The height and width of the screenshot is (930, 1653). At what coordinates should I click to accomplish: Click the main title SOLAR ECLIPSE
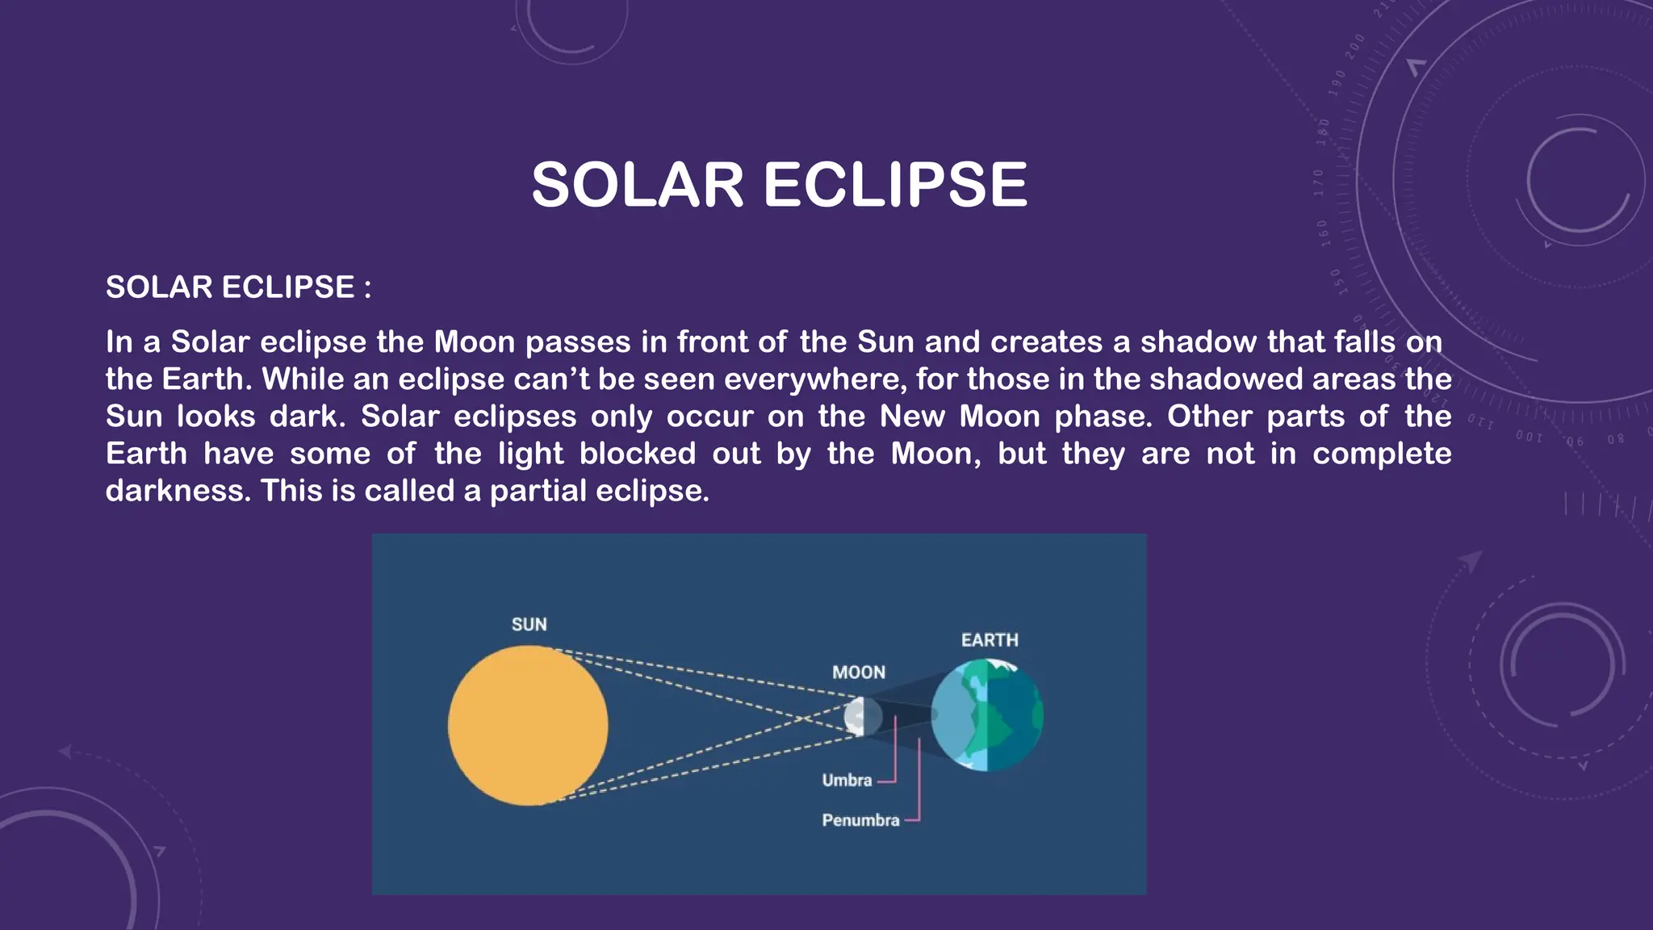tap(779, 185)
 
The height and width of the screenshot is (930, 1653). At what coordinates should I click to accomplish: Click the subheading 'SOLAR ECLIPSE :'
tap(238, 287)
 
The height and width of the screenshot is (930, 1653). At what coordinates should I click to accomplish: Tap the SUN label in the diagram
tap(529, 624)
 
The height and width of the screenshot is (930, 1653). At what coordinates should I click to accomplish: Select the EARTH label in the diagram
tap(990, 640)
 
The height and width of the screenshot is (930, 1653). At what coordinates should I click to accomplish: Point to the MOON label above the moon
tap(859, 672)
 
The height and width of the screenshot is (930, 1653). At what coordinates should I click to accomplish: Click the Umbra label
tap(847, 781)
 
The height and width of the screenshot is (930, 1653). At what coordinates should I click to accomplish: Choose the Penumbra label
tap(860, 820)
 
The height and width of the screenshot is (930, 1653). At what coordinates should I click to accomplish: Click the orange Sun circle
tap(528, 726)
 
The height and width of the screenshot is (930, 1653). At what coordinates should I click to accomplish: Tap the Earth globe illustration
tap(986, 715)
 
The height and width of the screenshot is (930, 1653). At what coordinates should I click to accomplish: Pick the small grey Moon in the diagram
tap(860, 717)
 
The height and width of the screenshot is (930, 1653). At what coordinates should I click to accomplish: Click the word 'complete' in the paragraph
tap(1381, 454)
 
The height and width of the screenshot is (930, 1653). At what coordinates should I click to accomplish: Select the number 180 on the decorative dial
tap(1323, 131)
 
